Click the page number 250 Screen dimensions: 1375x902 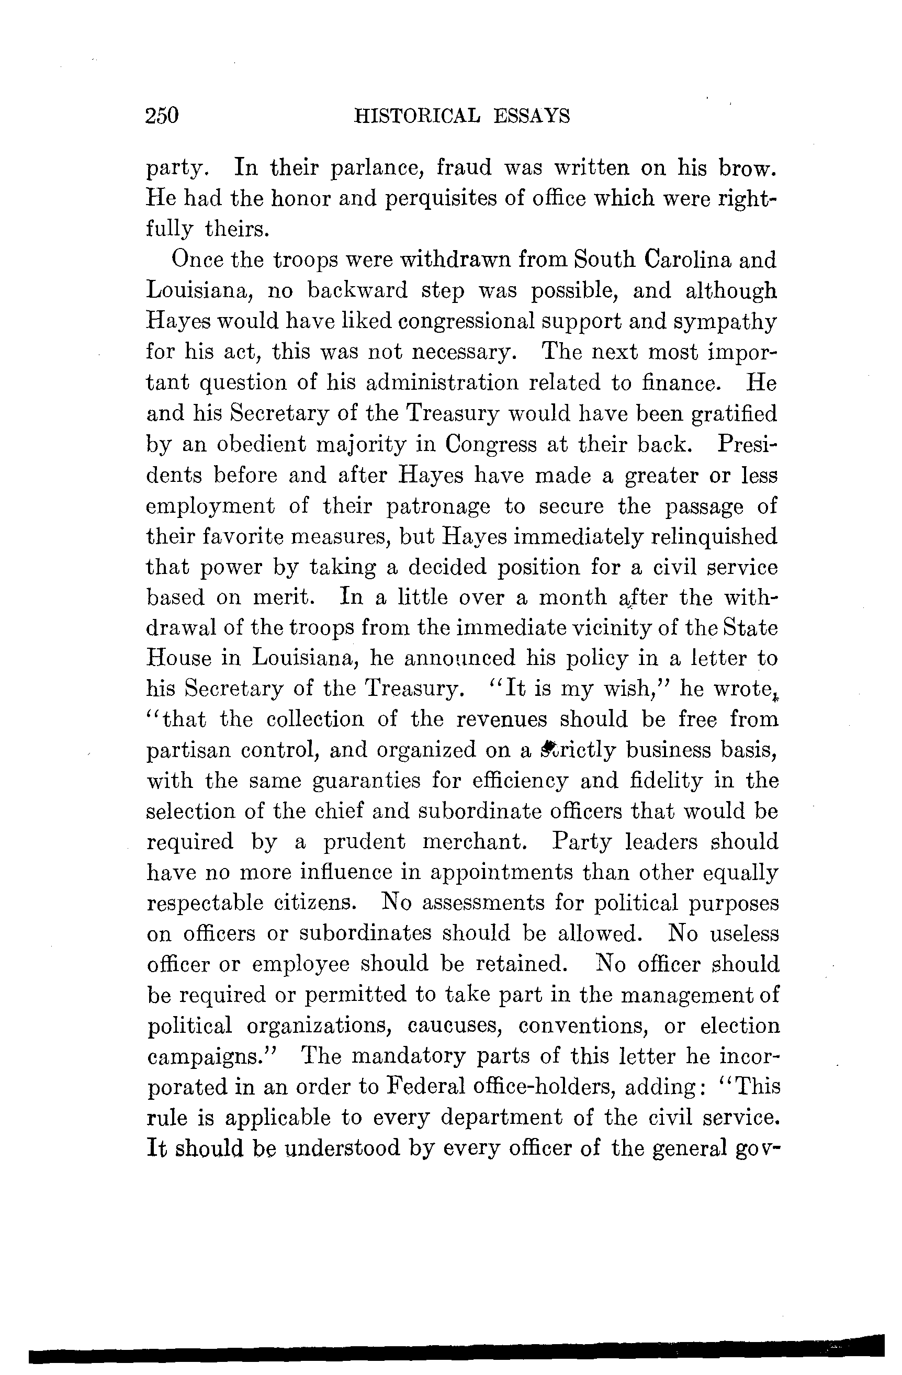(162, 116)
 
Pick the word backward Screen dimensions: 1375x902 (357, 290)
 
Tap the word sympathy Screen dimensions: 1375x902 (725, 321)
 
